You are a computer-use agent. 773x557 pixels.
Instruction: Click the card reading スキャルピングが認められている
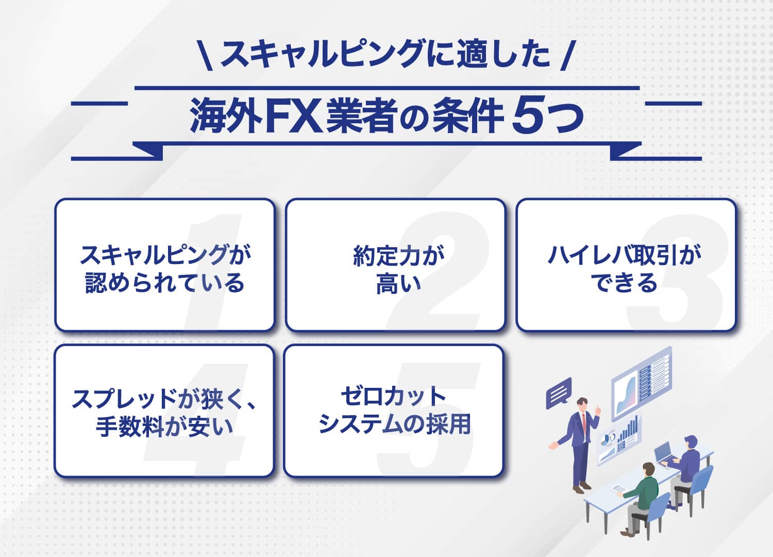click(x=164, y=265)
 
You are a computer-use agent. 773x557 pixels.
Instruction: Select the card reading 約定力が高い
click(x=395, y=265)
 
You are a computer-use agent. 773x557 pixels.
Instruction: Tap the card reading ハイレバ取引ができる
click(x=626, y=265)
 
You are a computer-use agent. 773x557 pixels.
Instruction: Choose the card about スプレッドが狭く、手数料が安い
click(x=164, y=411)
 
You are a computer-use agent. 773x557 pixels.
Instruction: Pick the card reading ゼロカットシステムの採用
click(x=393, y=411)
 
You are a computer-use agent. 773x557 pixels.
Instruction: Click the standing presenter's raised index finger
click(x=598, y=407)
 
